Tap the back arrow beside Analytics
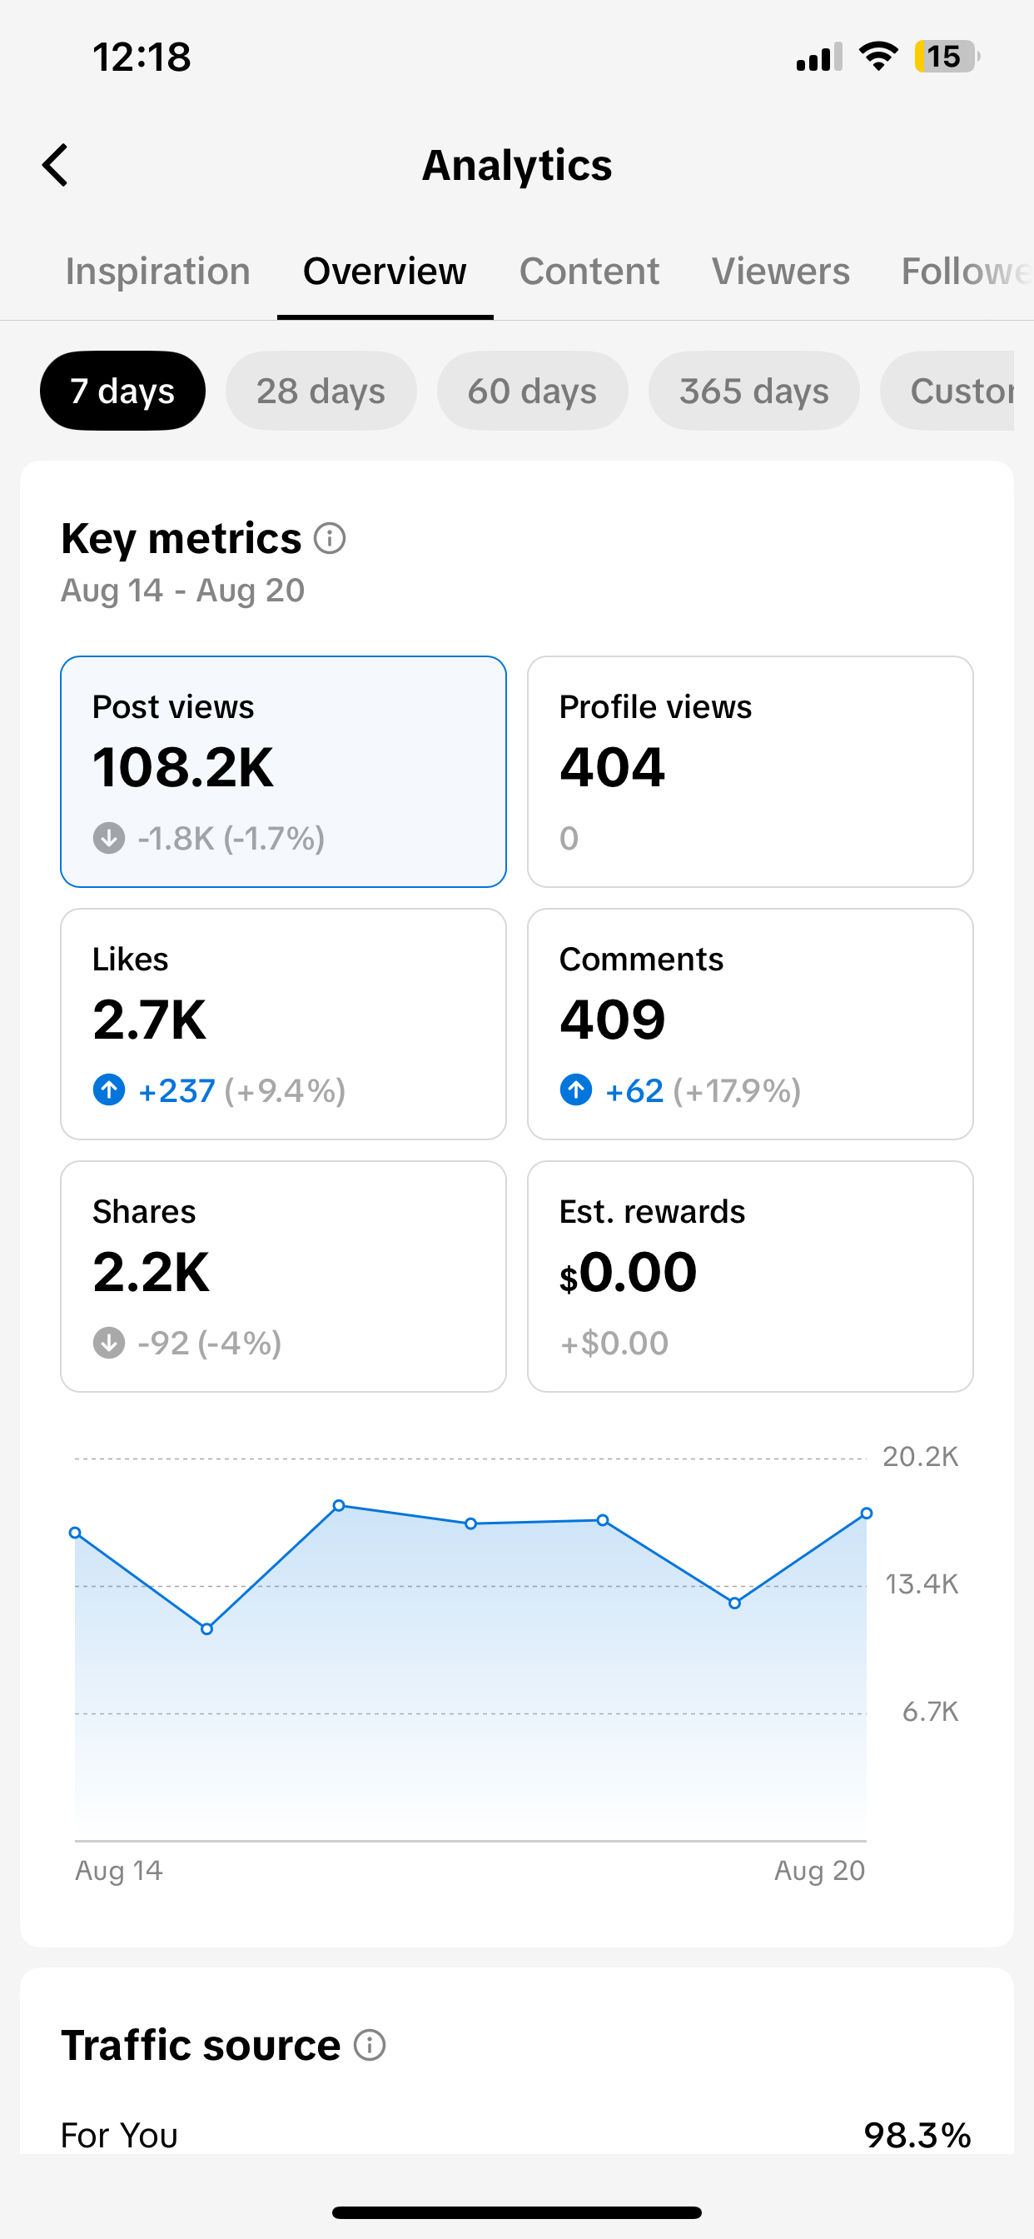point(55,165)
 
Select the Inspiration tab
point(158,272)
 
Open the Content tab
point(589,272)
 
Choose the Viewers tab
point(780,272)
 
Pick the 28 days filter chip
point(321,391)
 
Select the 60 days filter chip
point(532,391)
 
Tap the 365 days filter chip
point(753,391)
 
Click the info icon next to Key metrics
point(331,539)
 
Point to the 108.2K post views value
point(182,767)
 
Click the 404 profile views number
point(612,767)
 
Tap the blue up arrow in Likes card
point(108,1090)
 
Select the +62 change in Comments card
point(634,1091)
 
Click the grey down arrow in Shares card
point(108,1343)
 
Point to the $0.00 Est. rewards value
point(628,1274)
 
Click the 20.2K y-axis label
point(920,1457)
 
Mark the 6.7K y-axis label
point(930,1713)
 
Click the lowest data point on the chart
point(206,1628)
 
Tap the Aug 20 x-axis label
point(819,1871)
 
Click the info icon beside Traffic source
point(370,2045)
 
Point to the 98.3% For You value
point(917,2136)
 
